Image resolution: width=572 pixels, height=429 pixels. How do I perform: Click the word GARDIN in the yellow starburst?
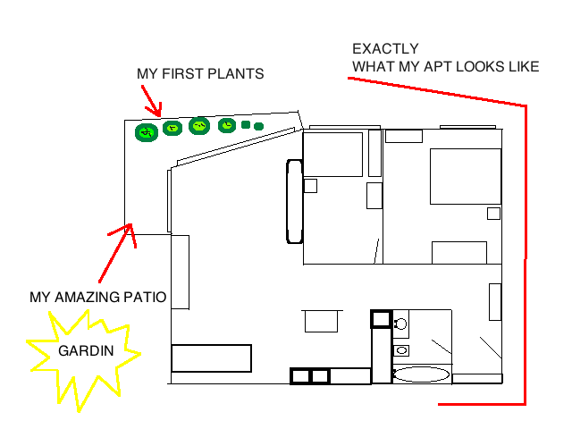pyautogui.click(x=86, y=351)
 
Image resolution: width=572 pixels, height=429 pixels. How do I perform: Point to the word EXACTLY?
pyautogui.click(x=385, y=49)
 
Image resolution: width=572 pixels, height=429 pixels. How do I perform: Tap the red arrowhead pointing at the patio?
pyautogui.click(x=130, y=231)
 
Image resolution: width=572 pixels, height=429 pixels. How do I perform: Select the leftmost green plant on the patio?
pyautogui.click(x=147, y=133)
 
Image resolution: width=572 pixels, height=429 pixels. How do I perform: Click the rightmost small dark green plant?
pyautogui.click(x=258, y=127)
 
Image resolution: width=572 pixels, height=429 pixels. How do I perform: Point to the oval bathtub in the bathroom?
pyautogui.click(x=422, y=374)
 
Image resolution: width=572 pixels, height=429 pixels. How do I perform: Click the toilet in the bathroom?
pyautogui.click(x=400, y=322)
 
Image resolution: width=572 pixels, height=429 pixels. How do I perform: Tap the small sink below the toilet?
pyautogui.click(x=401, y=350)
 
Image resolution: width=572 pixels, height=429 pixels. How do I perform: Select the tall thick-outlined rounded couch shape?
pyautogui.click(x=295, y=201)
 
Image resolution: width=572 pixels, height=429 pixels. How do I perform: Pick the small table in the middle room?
pyautogui.click(x=324, y=321)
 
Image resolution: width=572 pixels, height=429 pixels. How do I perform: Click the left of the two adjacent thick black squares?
pyautogui.click(x=299, y=376)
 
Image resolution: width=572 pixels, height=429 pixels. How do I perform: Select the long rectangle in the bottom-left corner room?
pyautogui.click(x=211, y=358)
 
